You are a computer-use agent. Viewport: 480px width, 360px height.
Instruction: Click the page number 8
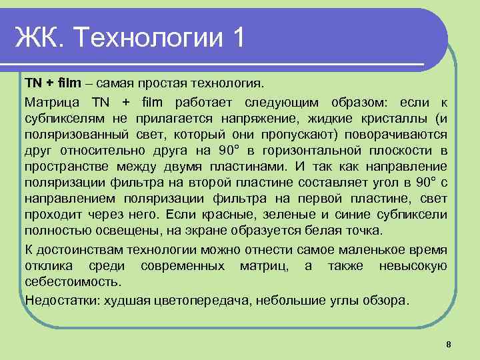pos(449,344)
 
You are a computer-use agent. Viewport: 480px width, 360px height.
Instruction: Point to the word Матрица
pos(52,102)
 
